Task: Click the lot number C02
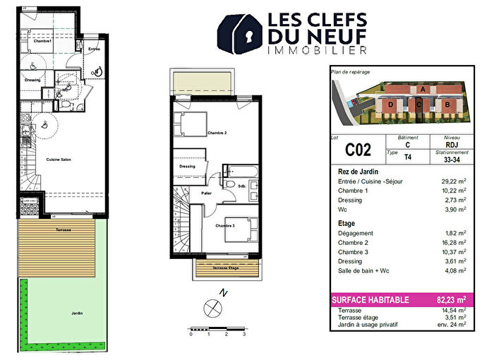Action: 358,150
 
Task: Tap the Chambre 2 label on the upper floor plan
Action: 217,133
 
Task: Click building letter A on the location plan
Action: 422,90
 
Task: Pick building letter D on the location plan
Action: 390,104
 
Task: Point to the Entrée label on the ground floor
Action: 93,49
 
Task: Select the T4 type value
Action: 409,160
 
